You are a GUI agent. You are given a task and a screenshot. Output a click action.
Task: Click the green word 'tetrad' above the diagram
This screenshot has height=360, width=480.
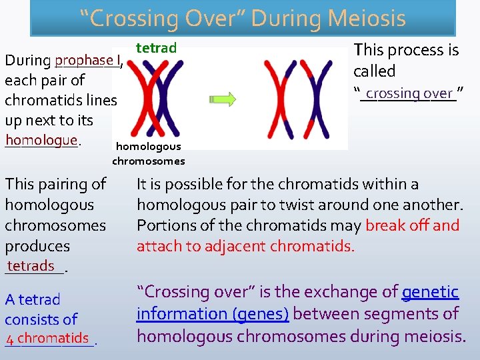point(156,48)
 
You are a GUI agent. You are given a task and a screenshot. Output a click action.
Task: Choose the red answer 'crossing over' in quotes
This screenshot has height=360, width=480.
point(409,94)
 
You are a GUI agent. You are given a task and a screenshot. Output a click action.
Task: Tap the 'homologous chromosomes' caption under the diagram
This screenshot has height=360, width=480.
point(148,153)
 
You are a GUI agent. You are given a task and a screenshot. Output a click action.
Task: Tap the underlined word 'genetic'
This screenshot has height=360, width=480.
point(430,292)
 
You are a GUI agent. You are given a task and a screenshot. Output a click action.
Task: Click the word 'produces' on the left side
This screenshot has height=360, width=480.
point(37,246)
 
